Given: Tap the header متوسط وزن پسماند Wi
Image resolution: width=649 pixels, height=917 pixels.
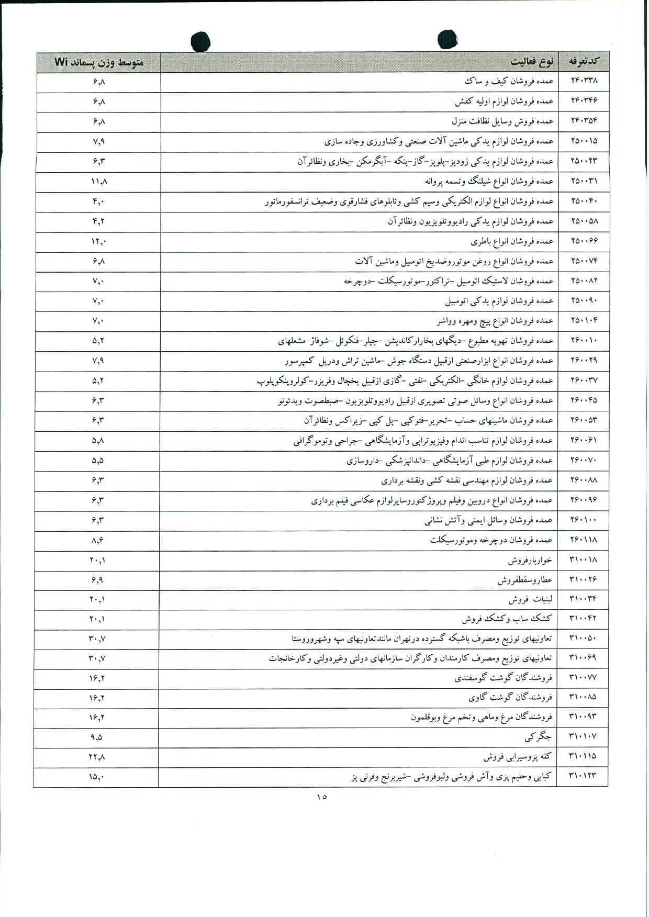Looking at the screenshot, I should pos(99,62).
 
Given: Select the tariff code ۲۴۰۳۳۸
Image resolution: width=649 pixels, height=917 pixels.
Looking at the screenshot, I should pos(584,81).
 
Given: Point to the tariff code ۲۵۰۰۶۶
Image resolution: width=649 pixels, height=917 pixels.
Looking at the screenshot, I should pos(584,241).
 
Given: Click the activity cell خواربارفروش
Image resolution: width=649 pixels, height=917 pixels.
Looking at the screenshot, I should pos(530,560).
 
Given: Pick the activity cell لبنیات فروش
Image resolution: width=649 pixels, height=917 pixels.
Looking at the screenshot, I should pos(530,599).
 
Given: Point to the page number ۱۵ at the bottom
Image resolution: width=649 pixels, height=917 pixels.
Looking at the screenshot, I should pos(321,797).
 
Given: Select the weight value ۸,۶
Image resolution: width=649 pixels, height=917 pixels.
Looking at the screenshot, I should pos(98,540).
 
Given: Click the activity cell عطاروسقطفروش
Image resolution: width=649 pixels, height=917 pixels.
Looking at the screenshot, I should pos(525,580).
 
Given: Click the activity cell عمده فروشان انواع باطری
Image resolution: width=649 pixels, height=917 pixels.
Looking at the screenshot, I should pos(512,241).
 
